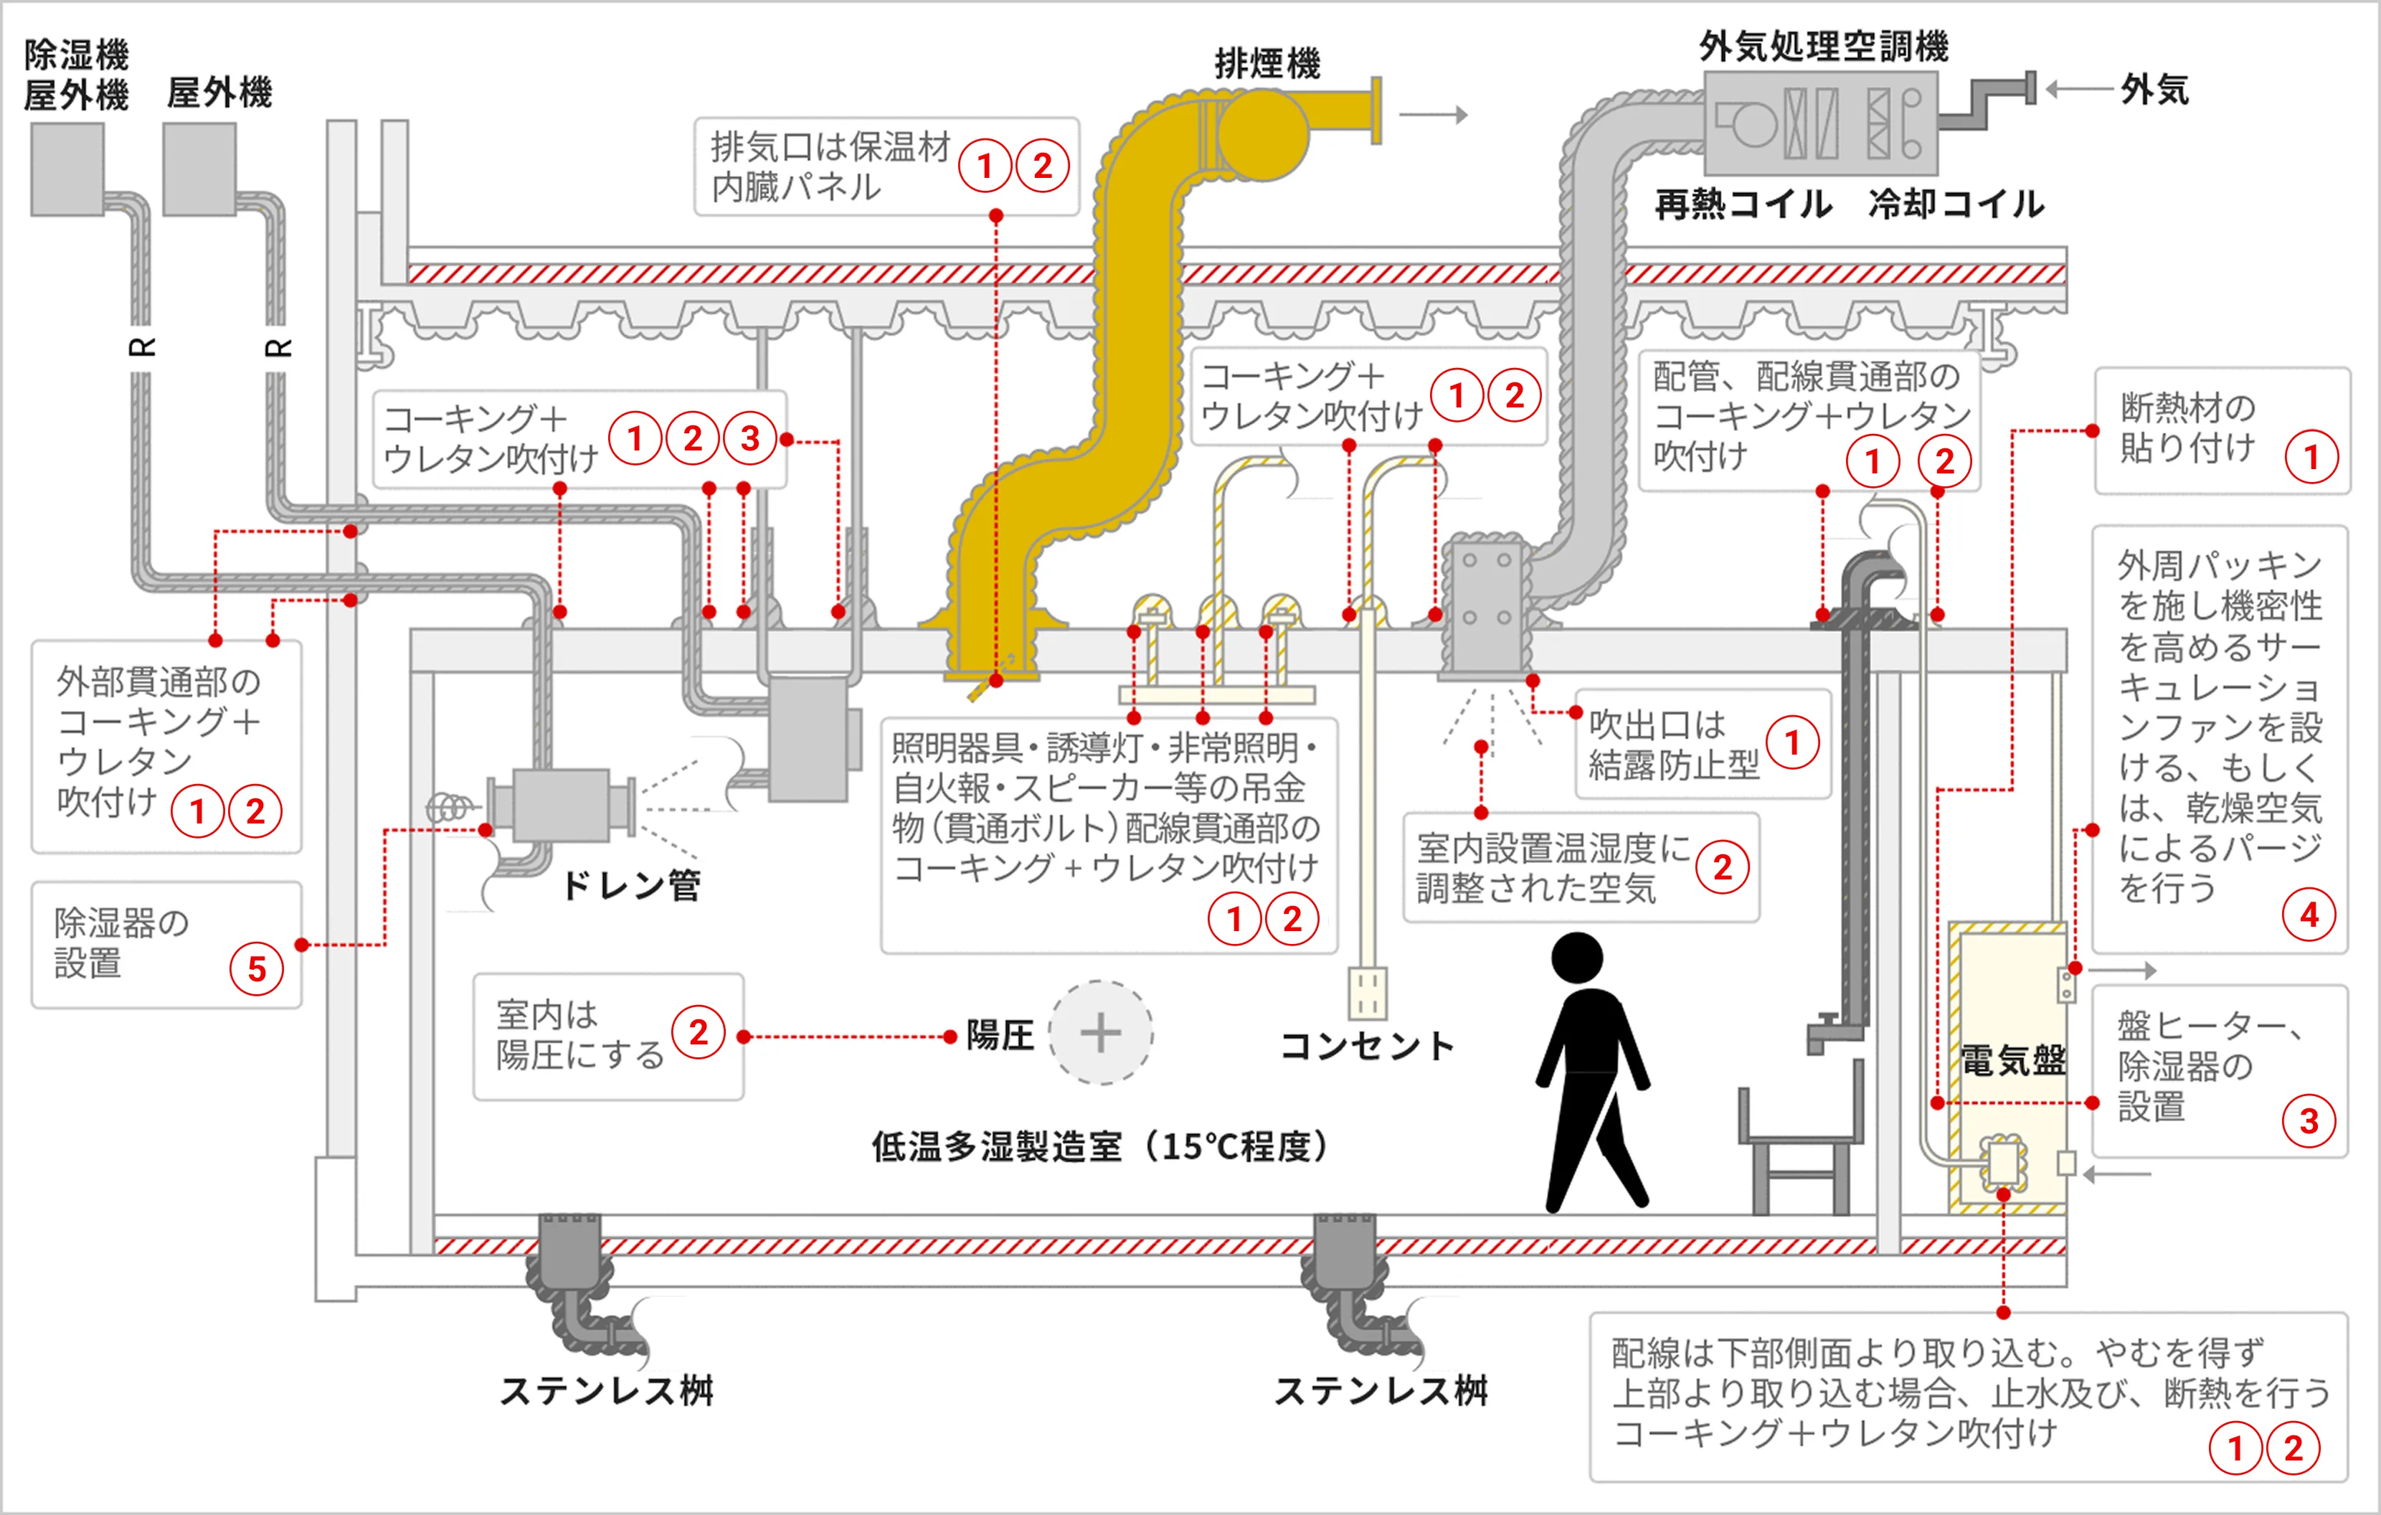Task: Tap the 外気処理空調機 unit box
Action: click(1819, 126)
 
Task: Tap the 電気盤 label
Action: click(2012, 1061)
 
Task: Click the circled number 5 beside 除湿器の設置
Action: click(256, 968)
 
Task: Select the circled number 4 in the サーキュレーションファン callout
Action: click(2309, 915)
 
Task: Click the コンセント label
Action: click(1368, 1045)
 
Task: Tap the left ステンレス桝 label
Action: click(606, 1390)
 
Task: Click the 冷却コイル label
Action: click(1956, 204)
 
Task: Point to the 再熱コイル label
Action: click(1743, 204)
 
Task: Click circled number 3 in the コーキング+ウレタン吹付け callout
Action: click(749, 438)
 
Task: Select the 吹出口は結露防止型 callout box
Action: click(1702, 744)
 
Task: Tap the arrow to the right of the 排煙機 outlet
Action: click(1433, 115)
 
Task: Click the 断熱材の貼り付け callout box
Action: click(2221, 431)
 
